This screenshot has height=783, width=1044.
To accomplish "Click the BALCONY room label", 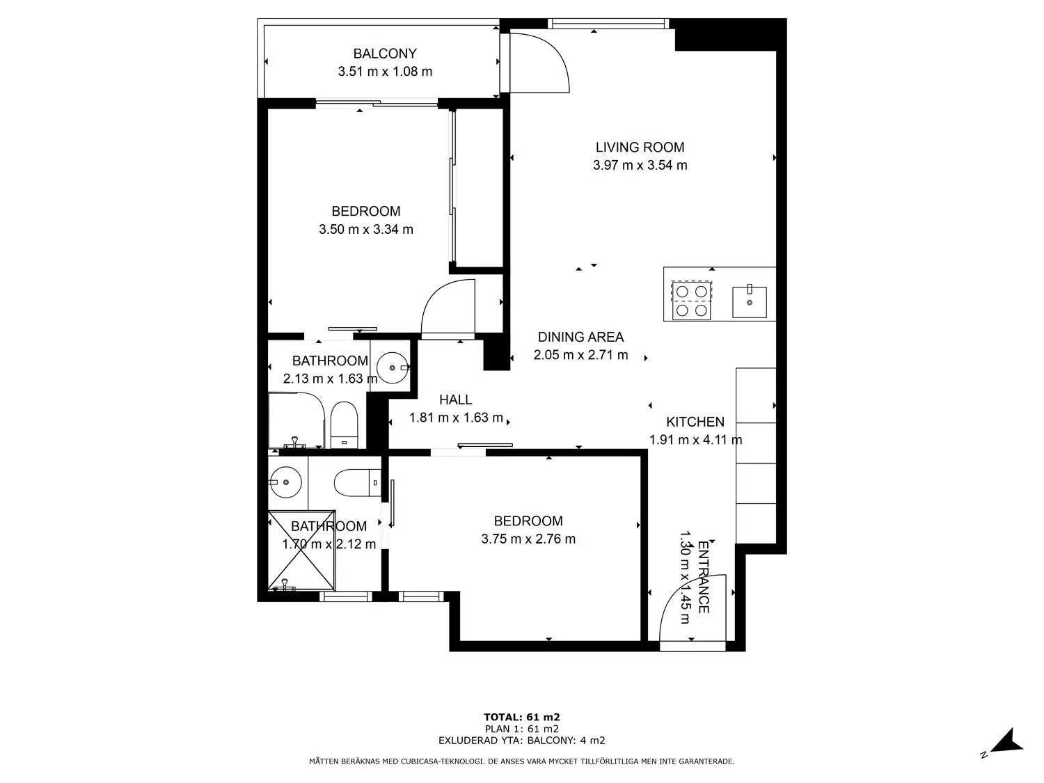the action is point(385,54).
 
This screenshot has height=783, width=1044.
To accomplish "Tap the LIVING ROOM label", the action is point(640,148).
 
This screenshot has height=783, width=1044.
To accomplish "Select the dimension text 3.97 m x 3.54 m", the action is point(640,166).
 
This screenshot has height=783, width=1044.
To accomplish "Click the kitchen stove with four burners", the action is point(692,301).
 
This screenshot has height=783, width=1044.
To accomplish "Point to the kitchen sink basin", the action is point(749,302).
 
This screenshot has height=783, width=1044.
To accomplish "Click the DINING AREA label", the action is point(580,337).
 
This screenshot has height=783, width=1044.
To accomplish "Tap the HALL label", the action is point(455,400).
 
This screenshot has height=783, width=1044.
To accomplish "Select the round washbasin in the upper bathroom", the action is point(393,367).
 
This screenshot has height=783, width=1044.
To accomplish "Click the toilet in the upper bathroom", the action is point(344,425).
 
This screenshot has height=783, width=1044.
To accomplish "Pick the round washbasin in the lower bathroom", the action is point(285,482).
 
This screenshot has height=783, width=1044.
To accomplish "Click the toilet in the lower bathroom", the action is point(357,483).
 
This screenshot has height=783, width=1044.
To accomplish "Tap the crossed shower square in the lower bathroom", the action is point(301,550).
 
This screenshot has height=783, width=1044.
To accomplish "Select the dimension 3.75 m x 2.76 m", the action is point(528,539).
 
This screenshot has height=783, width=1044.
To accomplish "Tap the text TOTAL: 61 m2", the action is point(522,717).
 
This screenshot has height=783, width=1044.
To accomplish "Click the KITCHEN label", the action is point(695,422).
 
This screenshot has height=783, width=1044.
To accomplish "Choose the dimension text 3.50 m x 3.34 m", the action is point(366,230).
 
